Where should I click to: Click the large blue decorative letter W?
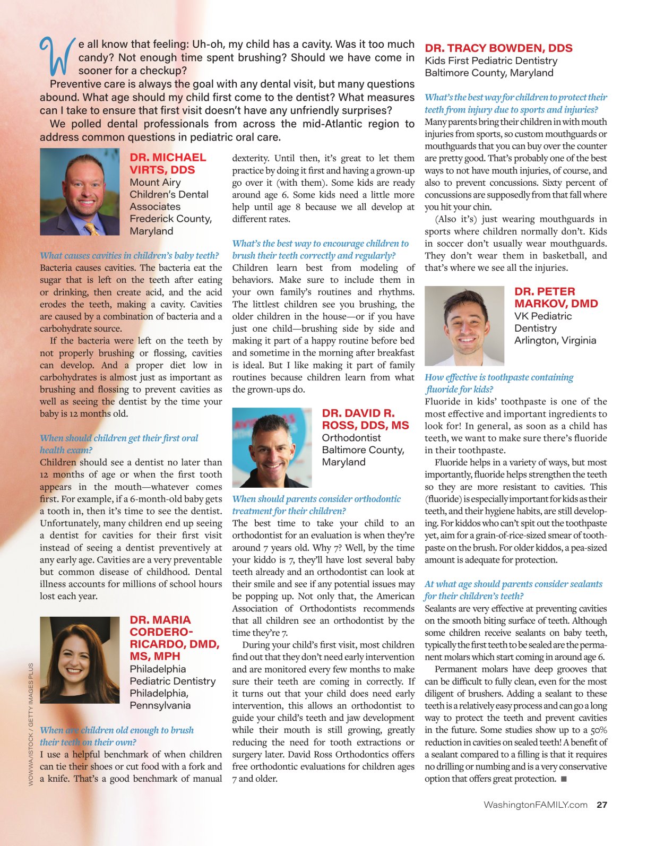(56, 56)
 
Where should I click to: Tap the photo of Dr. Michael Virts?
(80, 192)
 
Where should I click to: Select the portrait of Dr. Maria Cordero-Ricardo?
(80, 660)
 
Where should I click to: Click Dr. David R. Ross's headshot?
(272, 447)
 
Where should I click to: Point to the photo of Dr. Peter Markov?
(464, 326)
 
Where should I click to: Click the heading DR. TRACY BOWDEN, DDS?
(498, 48)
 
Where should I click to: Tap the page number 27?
(602, 805)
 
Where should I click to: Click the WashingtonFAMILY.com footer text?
(535, 805)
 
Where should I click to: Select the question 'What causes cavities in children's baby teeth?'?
(129, 255)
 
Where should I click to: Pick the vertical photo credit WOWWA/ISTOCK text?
(31, 724)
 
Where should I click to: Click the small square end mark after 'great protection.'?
(564, 779)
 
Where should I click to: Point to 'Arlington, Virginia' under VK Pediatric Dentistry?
(555, 340)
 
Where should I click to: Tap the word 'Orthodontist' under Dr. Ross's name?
(351, 437)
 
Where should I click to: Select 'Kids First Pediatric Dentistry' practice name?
(491, 61)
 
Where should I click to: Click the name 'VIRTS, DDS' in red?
(162, 170)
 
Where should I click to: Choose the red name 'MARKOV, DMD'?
(556, 304)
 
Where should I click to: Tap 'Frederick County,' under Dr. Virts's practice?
(170, 219)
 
